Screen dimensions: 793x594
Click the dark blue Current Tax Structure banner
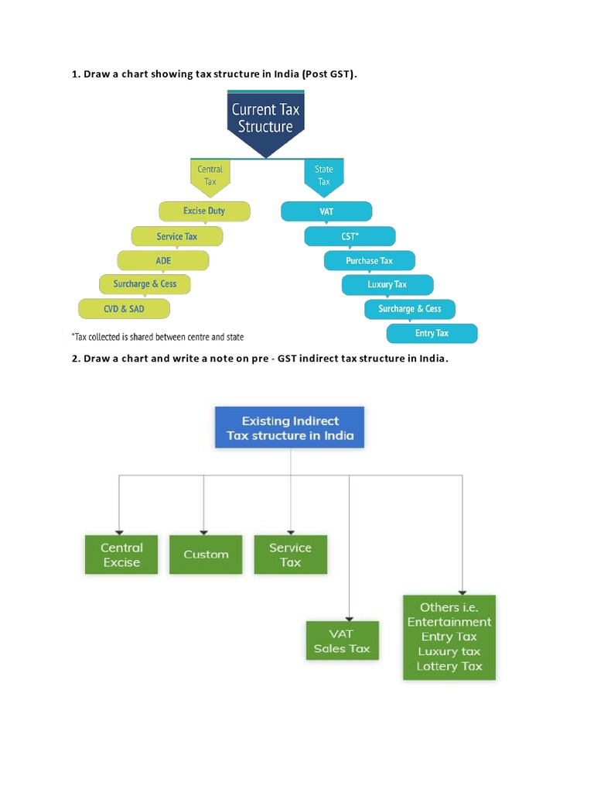[265, 118]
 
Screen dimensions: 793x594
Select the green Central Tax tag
[210, 175]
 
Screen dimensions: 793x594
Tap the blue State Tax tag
[323, 175]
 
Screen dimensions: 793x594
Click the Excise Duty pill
[204, 211]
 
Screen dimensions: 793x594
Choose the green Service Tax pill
[177, 236]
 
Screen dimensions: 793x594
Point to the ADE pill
[163, 261]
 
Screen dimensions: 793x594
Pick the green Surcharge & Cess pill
[145, 284]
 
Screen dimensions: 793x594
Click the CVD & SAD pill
[124, 308]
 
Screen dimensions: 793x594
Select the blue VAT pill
[326, 211]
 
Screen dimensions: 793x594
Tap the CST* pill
[350, 236]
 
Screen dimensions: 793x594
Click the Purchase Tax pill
[369, 261]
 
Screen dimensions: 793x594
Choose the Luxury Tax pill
[387, 285]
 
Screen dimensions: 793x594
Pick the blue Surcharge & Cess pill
[410, 309]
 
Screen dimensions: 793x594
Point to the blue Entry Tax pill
[432, 333]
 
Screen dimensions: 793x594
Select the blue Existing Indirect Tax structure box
[290, 428]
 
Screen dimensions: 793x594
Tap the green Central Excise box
[121, 554]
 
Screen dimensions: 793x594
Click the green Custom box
[206, 554]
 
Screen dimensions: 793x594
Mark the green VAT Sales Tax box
[342, 640]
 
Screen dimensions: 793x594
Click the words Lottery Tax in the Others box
[449, 666]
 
